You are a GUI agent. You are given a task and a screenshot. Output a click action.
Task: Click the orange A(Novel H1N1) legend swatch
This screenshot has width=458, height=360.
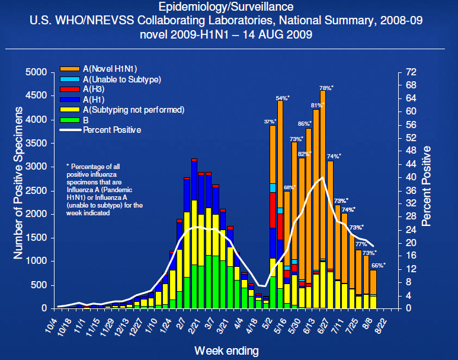[x=69, y=69]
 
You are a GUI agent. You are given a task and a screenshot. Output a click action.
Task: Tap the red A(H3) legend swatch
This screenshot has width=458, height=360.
[x=69, y=89]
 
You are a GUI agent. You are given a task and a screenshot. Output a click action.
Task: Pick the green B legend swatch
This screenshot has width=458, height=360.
[x=69, y=120]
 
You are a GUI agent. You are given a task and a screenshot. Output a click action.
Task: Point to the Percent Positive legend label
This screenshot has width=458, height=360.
[x=112, y=130]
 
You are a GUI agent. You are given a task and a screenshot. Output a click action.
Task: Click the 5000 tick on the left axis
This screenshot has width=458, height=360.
[x=36, y=72]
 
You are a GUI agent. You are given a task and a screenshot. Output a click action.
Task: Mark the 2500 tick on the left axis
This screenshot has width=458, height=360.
[x=36, y=190]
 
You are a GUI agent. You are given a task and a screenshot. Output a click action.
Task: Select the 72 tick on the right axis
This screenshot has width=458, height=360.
[x=411, y=72]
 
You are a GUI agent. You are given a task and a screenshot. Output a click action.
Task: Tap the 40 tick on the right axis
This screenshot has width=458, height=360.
[x=411, y=177]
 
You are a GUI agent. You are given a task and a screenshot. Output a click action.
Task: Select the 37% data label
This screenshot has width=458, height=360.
[x=270, y=122]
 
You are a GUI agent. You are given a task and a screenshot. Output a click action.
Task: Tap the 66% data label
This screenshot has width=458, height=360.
[x=378, y=265]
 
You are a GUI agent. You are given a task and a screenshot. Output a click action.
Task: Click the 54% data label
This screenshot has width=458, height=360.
[x=283, y=98]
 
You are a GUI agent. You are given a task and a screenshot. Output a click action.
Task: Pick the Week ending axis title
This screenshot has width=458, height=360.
[x=227, y=351]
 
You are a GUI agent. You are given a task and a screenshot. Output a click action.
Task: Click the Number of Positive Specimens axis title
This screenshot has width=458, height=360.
[x=18, y=183]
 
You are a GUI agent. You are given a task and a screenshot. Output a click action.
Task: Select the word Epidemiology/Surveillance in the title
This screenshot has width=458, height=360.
[x=226, y=7]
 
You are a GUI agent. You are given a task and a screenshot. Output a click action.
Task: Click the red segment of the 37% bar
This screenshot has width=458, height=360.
[x=273, y=210]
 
